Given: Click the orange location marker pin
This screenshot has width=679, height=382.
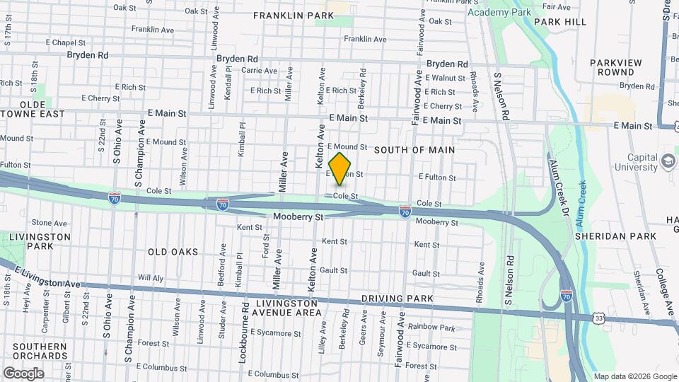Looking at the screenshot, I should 340,168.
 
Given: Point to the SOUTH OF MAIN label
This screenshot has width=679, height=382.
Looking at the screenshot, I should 414,150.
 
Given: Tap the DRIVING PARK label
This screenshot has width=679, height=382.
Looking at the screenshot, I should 397,299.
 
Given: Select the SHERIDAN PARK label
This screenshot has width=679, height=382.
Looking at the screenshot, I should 606,236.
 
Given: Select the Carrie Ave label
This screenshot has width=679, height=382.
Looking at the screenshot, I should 260,71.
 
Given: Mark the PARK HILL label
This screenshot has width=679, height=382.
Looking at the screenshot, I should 560,22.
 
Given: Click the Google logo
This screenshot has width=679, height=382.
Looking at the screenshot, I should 23,373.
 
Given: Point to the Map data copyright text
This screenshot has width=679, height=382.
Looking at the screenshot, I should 634,376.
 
